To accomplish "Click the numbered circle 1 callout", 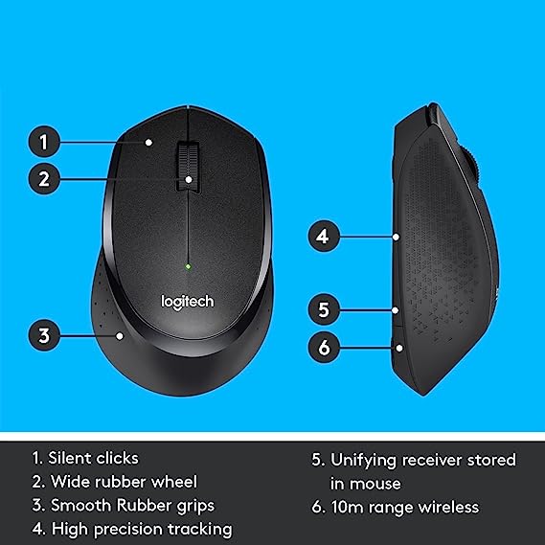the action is tap(44, 142).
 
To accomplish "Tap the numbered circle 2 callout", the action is tap(44, 179).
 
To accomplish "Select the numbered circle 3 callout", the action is tap(44, 335).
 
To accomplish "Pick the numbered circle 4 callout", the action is tap(324, 236).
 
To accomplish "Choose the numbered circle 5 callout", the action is tap(324, 309).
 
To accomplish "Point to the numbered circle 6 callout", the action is tap(324, 348).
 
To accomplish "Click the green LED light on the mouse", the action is tap(188, 267).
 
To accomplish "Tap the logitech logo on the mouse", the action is tap(188, 302).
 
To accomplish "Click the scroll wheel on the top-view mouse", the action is tap(188, 166).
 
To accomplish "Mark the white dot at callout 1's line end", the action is tap(148, 142).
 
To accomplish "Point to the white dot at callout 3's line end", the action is tap(120, 336).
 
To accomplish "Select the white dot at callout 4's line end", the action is tap(396, 237).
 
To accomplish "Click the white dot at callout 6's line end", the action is tap(399, 348).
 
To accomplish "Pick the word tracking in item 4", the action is tap(200, 530).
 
